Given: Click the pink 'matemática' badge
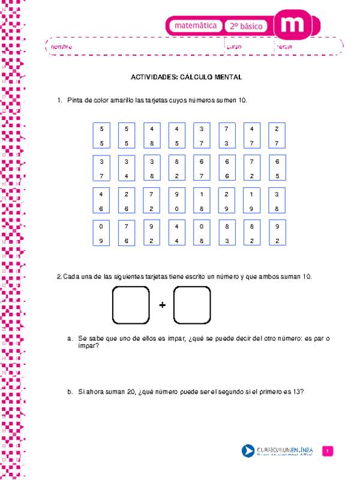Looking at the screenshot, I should (x=195, y=26).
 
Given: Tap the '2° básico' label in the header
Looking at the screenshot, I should (x=248, y=26).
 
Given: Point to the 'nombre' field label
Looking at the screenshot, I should (x=62, y=46).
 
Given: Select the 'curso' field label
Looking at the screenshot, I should (x=234, y=46).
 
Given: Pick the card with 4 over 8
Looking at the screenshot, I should (x=152, y=136).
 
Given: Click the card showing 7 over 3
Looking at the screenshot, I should (x=227, y=136).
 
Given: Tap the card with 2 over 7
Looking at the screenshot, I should (x=277, y=136).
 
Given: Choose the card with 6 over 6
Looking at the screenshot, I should (x=227, y=169).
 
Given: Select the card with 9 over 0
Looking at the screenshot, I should (x=177, y=201).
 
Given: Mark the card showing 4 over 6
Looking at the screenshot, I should (x=102, y=201).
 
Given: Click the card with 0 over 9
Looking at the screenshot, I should (x=102, y=234).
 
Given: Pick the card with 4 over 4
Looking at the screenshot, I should (x=177, y=234).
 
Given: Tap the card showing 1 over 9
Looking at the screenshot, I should (x=252, y=201).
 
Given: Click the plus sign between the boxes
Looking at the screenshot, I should (x=162, y=305).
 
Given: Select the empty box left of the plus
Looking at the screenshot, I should (x=130, y=305).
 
